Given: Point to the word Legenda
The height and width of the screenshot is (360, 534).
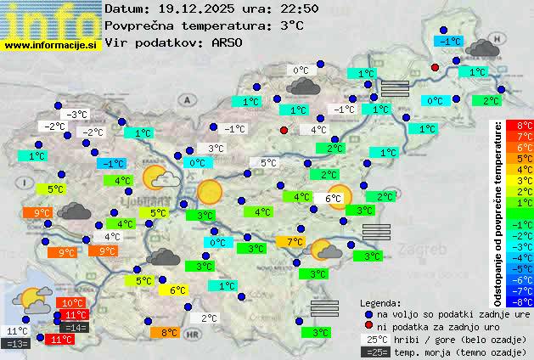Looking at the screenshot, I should pyautogui.click(x=381, y=302).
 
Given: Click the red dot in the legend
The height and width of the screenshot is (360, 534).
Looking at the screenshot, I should pyautogui.click(x=368, y=326).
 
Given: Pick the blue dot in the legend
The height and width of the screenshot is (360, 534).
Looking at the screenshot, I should pyautogui.click(x=368, y=313).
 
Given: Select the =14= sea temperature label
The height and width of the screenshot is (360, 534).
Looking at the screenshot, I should pyautogui.click(x=75, y=328).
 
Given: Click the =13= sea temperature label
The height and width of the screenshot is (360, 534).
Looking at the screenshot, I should pyautogui.click(x=17, y=344).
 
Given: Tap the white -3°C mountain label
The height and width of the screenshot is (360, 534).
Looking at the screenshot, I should pyautogui.click(x=77, y=115).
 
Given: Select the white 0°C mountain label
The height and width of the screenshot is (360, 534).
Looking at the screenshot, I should pyautogui.click(x=301, y=70).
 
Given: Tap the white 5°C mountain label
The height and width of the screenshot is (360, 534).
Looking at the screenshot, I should pyautogui.click(x=268, y=163).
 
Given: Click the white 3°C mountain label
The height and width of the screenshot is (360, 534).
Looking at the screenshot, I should pyautogui.click(x=216, y=149).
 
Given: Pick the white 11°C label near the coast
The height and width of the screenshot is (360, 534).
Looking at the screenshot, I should pyautogui.click(x=17, y=331).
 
